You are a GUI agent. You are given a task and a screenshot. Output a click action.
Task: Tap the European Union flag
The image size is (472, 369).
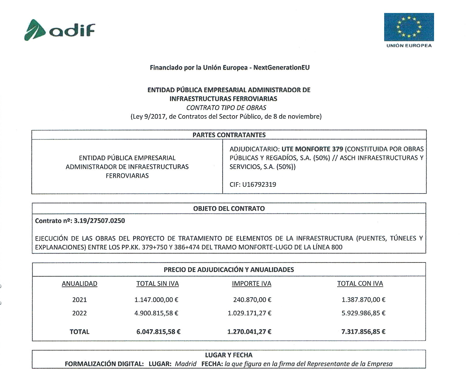(409, 27)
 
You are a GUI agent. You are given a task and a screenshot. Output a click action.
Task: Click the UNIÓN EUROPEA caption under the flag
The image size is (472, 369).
(409, 46)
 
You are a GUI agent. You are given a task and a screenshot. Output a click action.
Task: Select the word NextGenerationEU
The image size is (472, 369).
(281, 68)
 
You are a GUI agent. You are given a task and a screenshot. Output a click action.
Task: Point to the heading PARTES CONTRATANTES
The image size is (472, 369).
(229, 135)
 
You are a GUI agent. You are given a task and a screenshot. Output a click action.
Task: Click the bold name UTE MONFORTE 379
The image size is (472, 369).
(312, 149)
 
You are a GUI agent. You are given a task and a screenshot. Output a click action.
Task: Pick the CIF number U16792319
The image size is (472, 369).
(259, 184)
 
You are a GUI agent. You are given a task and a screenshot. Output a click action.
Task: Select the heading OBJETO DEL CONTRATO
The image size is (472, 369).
(229, 208)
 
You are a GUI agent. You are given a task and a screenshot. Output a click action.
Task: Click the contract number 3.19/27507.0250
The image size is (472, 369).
(99, 221)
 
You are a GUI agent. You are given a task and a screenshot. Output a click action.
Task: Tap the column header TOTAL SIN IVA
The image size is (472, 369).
(157, 284)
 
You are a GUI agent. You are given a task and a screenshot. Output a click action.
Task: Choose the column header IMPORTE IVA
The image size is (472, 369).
(251, 284)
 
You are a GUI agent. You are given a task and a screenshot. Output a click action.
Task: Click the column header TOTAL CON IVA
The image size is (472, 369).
(360, 284)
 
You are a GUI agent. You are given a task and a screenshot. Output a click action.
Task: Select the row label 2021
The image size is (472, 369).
(79, 300)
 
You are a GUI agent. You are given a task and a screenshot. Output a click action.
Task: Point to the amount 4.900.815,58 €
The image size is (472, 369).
(156, 313)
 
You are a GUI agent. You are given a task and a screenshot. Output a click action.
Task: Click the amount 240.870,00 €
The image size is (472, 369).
(252, 300)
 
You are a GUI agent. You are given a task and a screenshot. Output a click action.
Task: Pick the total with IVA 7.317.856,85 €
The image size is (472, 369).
(363, 332)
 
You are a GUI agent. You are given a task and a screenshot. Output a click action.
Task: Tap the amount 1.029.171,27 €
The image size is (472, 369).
(249, 313)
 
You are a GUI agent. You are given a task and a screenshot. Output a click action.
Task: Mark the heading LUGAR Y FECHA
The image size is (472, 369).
(228, 355)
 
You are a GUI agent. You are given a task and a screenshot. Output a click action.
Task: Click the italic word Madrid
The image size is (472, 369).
(185, 364)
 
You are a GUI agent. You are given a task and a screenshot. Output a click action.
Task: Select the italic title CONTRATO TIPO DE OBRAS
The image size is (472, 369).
(226, 108)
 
